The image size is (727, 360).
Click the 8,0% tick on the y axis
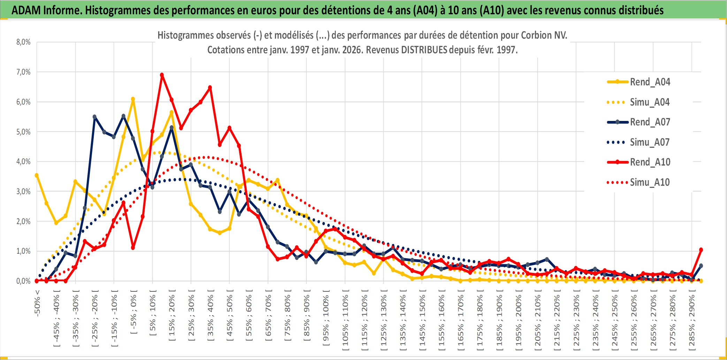pos(23,42)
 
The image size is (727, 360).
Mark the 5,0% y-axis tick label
pos(23,132)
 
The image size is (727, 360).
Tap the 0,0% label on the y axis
pos(23,281)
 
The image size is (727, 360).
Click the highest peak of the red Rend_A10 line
pos(162,75)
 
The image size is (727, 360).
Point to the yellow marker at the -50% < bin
pos(37,175)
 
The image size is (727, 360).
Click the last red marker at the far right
pos(701,250)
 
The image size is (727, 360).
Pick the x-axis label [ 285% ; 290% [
pos(692,321)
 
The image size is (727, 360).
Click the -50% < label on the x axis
pos(37,303)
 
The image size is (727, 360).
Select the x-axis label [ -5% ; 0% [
pos(133,312)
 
